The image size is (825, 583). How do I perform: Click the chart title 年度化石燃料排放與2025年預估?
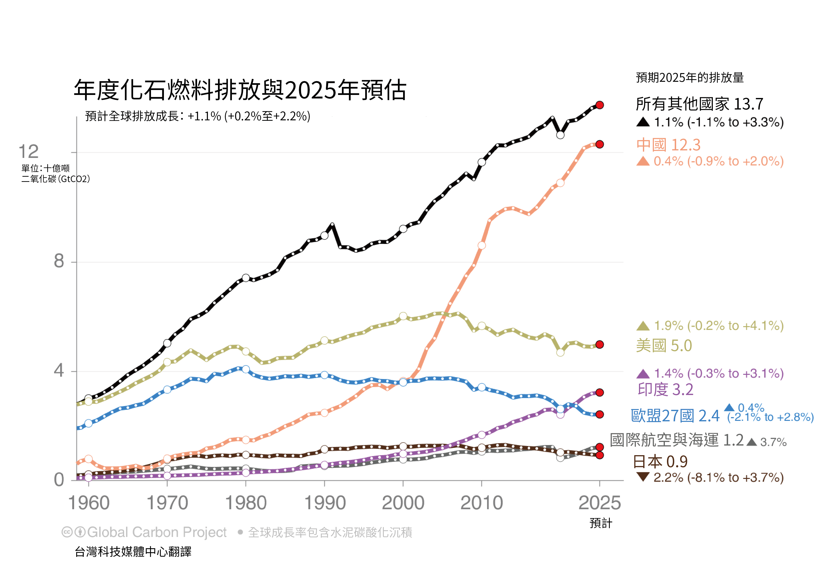[240, 90]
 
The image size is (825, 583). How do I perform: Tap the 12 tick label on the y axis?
[28, 152]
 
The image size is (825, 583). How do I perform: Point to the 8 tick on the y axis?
[59, 261]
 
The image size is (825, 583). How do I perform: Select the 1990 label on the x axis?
[325, 503]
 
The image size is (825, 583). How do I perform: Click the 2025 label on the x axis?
[599, 503]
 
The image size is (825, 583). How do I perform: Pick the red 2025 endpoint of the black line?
[599, 105]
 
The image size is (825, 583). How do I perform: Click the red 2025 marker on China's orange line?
[599, 144]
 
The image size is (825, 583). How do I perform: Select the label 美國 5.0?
[664, 346]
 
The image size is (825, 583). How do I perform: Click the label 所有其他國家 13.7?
[699, 104]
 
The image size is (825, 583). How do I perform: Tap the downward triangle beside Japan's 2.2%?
[643, 477]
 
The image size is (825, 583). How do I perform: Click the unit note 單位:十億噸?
[46, 168]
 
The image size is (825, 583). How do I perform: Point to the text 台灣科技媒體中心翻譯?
[133, 552]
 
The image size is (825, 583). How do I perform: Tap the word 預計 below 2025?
[600, 523]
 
